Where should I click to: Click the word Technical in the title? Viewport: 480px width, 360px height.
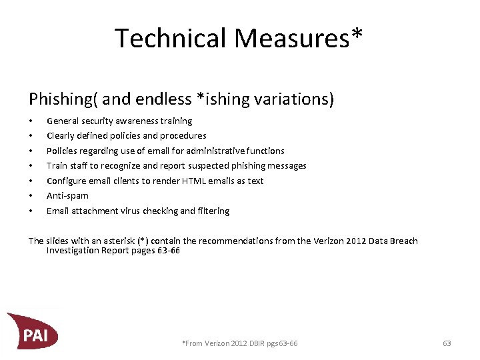tap(170, 39)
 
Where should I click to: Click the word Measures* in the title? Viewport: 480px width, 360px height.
tap(299, 39)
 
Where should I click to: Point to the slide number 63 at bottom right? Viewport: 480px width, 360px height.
tap(447, 343)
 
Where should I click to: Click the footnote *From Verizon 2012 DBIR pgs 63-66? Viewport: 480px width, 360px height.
tap(240, 343)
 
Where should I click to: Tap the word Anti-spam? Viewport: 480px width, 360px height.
tap(67, 196)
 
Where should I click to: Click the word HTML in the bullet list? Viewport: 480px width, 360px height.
tap(173, 181)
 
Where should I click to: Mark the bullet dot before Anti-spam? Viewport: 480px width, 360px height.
tap(31, 196)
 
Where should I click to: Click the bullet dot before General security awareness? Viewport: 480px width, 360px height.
tap(31, 121)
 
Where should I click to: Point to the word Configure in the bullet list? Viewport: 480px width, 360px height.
tap(65, 181)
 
